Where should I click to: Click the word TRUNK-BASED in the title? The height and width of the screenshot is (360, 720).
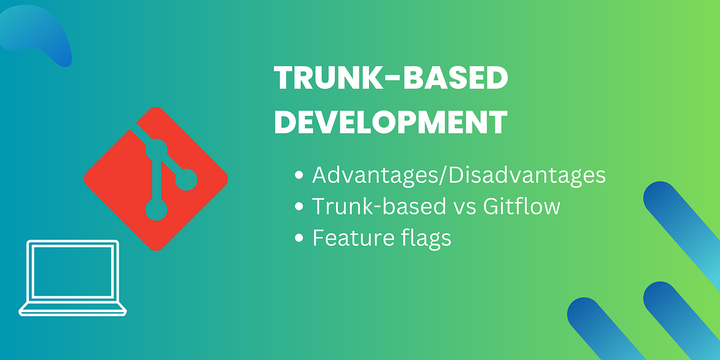(x=391, y=79)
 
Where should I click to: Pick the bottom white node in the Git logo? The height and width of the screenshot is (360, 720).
(x=157, y=209)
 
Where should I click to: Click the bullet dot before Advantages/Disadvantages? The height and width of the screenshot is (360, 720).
(x=299, y=176)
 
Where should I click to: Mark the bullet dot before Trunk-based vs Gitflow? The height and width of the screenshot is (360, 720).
(x=299, y=207)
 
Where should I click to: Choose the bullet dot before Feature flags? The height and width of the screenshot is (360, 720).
(x=299, y=238)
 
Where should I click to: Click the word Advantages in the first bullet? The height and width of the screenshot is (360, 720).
(x=377, y=176)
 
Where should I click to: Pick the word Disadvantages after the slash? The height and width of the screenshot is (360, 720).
(x=527, y=176)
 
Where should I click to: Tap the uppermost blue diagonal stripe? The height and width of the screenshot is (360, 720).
(x=684, y=228)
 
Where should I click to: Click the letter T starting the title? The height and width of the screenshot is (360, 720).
(x=284, y=79)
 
